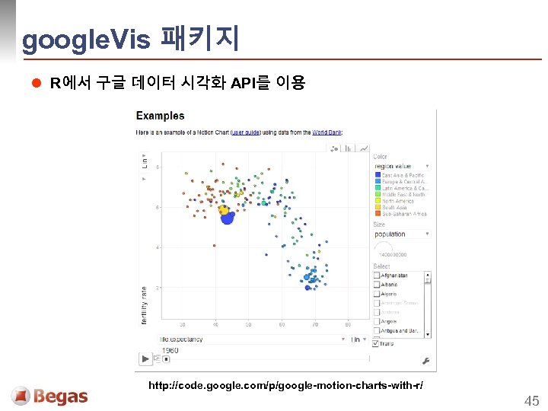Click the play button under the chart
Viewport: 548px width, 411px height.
click(145, 358)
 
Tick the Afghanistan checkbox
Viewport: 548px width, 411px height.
click(377, 276)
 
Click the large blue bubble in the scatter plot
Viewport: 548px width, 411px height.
click(227, 218)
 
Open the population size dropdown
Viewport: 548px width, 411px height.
click(401, 234)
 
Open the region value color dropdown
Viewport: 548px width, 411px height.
click(401, 166)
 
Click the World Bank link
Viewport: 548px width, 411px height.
click(327, 132)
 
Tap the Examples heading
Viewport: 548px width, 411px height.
click(160, 116)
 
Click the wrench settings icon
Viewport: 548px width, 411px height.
click(426, 360)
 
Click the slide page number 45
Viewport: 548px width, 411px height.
click(530, 400)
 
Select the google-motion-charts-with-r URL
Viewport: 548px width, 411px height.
click(285, 386)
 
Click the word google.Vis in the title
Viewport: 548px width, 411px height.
click(86, 40)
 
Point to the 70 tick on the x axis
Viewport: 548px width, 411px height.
click(314, 324)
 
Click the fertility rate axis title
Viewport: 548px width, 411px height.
click(144, 305)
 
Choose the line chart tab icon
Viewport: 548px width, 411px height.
click(364, 148)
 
